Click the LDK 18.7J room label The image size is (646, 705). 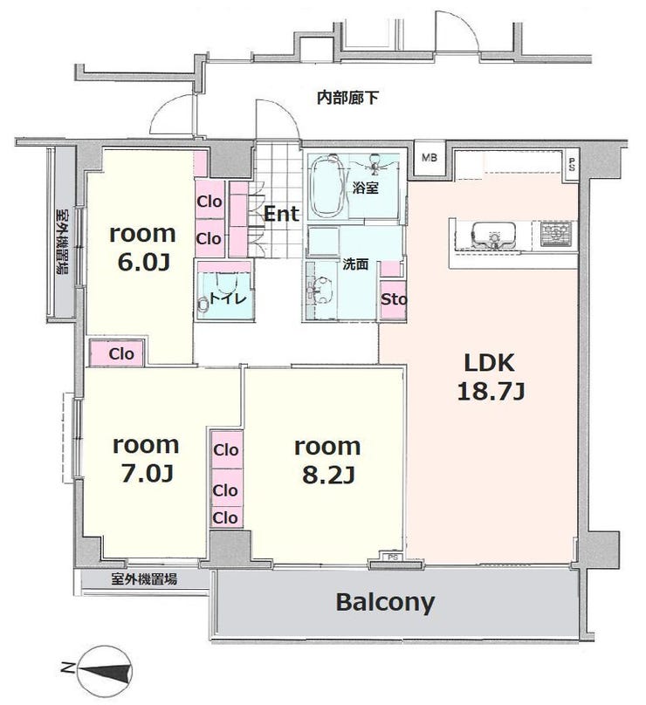(x=491, y=377)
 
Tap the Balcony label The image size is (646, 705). (x=385, y=602)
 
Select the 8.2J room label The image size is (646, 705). (x=327, y=461)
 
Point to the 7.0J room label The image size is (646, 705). (x=146, y=459)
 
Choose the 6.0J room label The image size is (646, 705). (x=142, y=248)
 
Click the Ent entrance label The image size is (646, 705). (x=281, y=214)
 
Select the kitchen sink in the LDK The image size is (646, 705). (x=492, y=234)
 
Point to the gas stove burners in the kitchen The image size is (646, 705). (x=557, y=234)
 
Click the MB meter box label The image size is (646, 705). (x=430, y=158)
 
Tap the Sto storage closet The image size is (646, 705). (x=394, y=300)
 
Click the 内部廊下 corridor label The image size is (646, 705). (x=347, y=98)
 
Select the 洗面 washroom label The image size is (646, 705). (x=355, y=264)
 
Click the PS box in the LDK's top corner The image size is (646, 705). (x=572, y=165)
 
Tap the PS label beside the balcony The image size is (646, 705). (x=393, y=558)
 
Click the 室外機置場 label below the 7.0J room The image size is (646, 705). (x=144, y=579)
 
